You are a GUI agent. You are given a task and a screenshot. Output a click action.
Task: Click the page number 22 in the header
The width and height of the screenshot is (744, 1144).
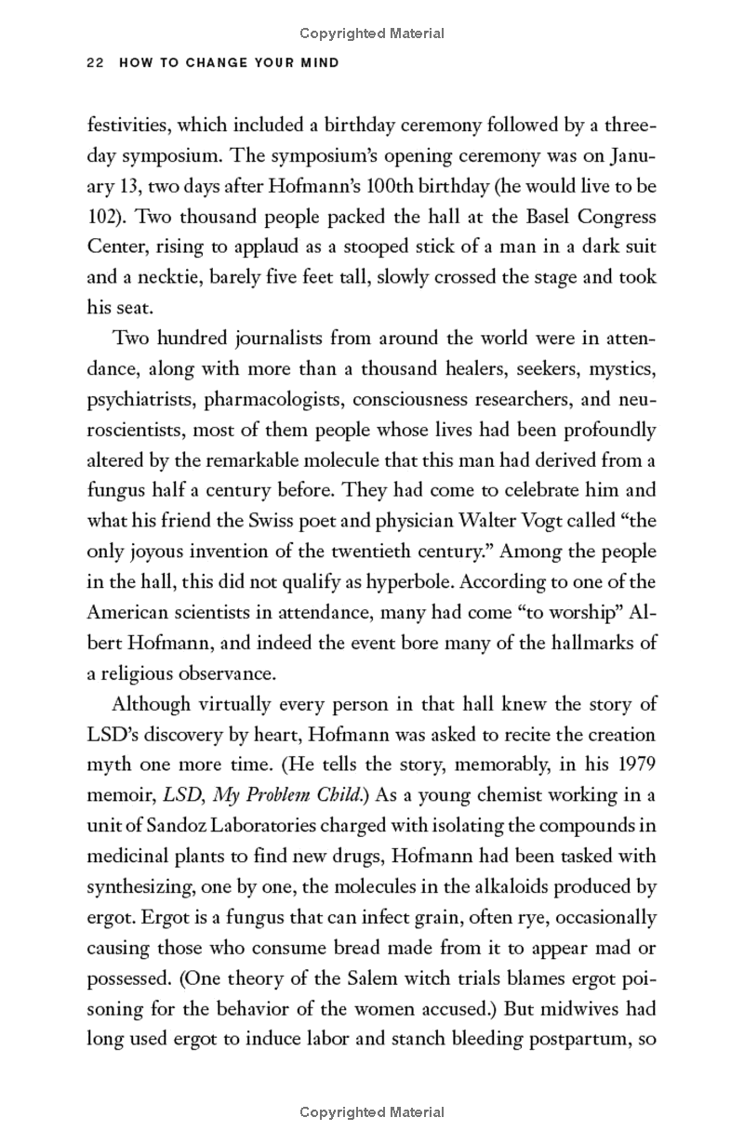pos(94,63)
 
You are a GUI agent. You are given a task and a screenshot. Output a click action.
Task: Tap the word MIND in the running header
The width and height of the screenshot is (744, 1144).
pos(319,63)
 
